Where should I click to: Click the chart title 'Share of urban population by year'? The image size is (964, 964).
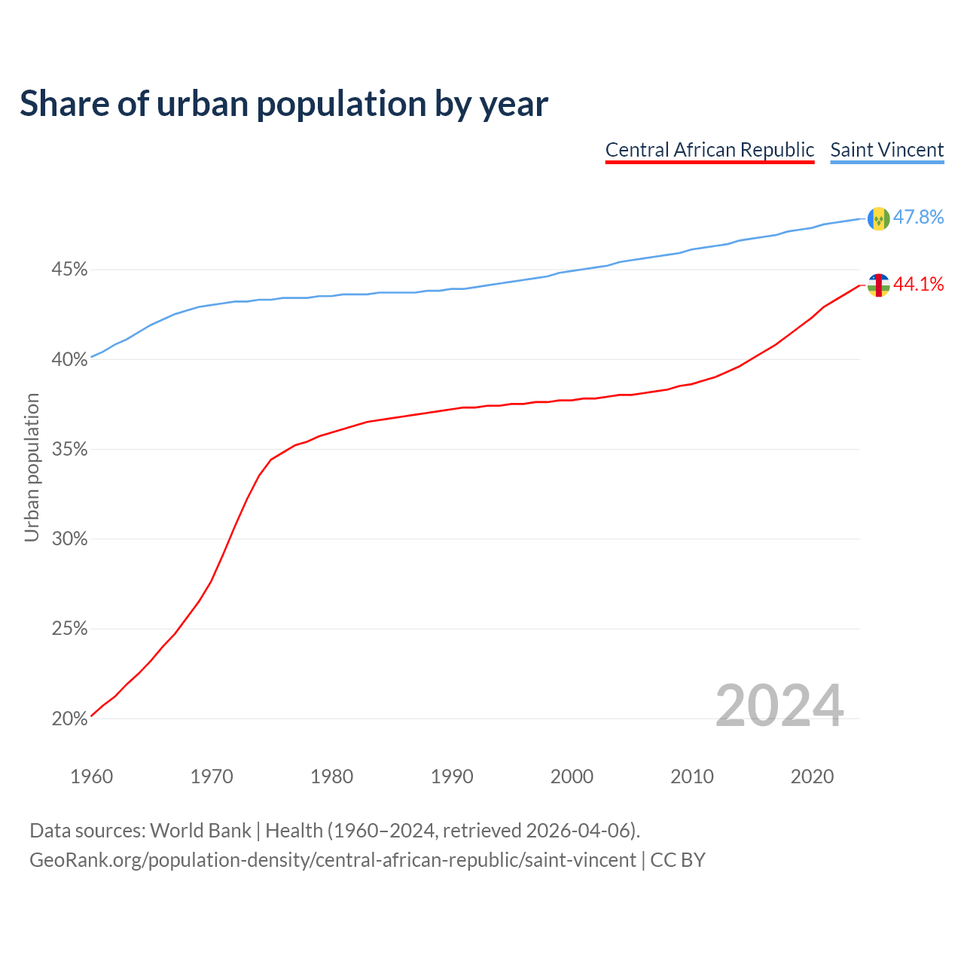pos(284,104)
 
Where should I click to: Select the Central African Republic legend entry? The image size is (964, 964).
pos(709,150)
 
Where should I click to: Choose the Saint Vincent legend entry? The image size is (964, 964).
pos(886,150)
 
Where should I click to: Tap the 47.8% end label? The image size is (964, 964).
pos(918,218)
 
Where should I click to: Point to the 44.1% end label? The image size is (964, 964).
pos(918,285)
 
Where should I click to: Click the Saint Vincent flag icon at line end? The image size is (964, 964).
pos(878,218)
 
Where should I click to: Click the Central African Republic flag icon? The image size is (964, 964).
pos(878,285)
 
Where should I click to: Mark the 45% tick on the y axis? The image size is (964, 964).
pos(69,270)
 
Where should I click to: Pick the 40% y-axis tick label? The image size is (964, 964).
pos(69,360)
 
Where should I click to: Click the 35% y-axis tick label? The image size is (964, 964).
pos(69,450)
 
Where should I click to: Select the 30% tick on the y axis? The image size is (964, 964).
pos(69,539)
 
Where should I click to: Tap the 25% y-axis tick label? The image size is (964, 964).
pos(69,629)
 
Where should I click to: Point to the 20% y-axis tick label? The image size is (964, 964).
pos(69,719)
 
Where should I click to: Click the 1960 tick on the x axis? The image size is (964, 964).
pos(91,776)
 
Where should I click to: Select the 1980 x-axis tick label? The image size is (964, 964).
pos(331,776)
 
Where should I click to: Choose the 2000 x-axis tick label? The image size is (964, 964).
pos(572,776)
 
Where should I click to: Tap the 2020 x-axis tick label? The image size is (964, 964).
pos(812,776)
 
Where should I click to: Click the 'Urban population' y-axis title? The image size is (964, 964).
pos(32,467)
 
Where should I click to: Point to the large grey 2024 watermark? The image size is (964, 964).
pos(779,706)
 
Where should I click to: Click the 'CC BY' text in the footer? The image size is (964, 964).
pos(678,860)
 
